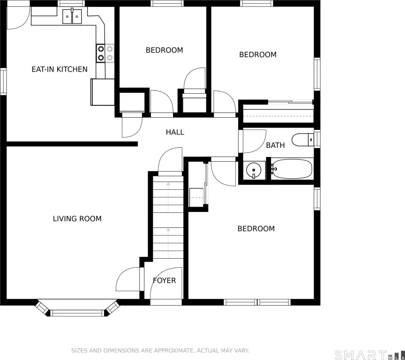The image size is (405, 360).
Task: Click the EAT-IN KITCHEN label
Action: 60,69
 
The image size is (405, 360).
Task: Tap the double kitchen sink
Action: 72,16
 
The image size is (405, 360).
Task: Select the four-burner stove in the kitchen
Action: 105,53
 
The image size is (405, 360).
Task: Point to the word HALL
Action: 175,132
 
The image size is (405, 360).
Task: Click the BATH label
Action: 275,145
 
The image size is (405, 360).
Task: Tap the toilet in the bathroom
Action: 303,140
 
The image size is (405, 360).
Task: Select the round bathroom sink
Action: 254,170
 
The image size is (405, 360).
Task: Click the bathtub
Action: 292,169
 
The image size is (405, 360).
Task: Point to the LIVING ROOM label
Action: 77,219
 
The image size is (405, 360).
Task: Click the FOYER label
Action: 164,280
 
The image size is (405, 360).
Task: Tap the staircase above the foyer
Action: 168,217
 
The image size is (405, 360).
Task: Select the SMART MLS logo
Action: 370,355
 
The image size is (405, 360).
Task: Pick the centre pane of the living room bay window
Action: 77,313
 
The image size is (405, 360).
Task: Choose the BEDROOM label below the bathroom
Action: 256,229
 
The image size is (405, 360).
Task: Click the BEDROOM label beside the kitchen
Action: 164,50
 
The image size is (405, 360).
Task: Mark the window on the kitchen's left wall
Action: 3,82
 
